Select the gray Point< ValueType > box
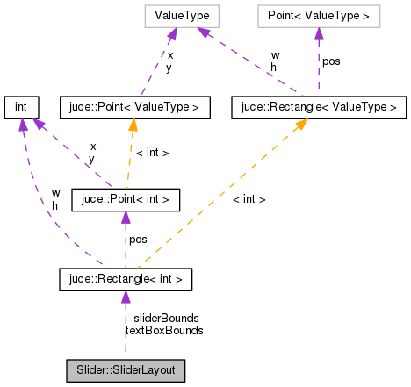[318, 16]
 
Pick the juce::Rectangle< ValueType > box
[318, 108]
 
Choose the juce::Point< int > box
[126, 200]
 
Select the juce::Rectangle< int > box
[126, 280]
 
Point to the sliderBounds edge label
[166, 318]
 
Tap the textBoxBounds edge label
[165, 331]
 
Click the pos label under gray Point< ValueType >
[331, 62]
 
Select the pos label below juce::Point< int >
[139, 240]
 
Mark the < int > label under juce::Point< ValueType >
[152, 153]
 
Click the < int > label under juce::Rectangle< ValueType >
[249, 199]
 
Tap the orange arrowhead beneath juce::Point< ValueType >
[132, 125]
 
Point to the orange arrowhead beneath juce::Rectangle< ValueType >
[300, 125]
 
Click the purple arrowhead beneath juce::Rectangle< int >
[126, 298]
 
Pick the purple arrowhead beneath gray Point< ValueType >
[318, 33]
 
